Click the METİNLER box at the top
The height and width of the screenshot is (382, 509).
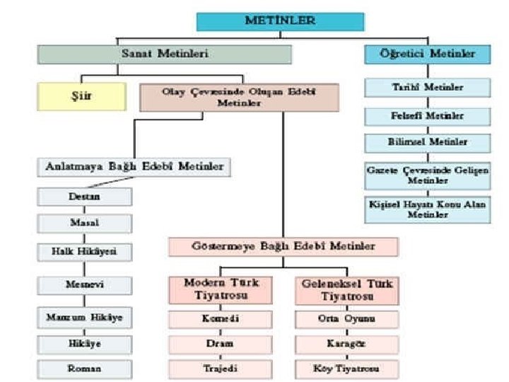tap(280, 21)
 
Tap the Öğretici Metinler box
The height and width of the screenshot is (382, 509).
tap(427, 54)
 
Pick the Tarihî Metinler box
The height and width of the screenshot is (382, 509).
tap(427, 88)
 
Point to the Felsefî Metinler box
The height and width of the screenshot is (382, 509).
tap(427, 115)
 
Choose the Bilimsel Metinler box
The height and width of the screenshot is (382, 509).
tap(427, 142)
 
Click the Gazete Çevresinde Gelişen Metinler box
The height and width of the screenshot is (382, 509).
tap(427, 175)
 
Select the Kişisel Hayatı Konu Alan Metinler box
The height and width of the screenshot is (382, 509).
tap(427, 209)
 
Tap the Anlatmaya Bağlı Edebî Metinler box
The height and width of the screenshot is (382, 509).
tap(135, 167)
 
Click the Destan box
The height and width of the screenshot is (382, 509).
tap(84, 196)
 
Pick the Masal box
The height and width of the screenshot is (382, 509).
tap(84, 223)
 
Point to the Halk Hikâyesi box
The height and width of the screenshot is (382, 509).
tap(84, 252)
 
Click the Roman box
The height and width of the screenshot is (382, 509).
tap(84, 369)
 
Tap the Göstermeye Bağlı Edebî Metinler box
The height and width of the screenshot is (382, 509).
tap(283, 247)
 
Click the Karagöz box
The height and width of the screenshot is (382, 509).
tap(346, 344)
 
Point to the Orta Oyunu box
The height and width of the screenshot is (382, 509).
tap(346, 318)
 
